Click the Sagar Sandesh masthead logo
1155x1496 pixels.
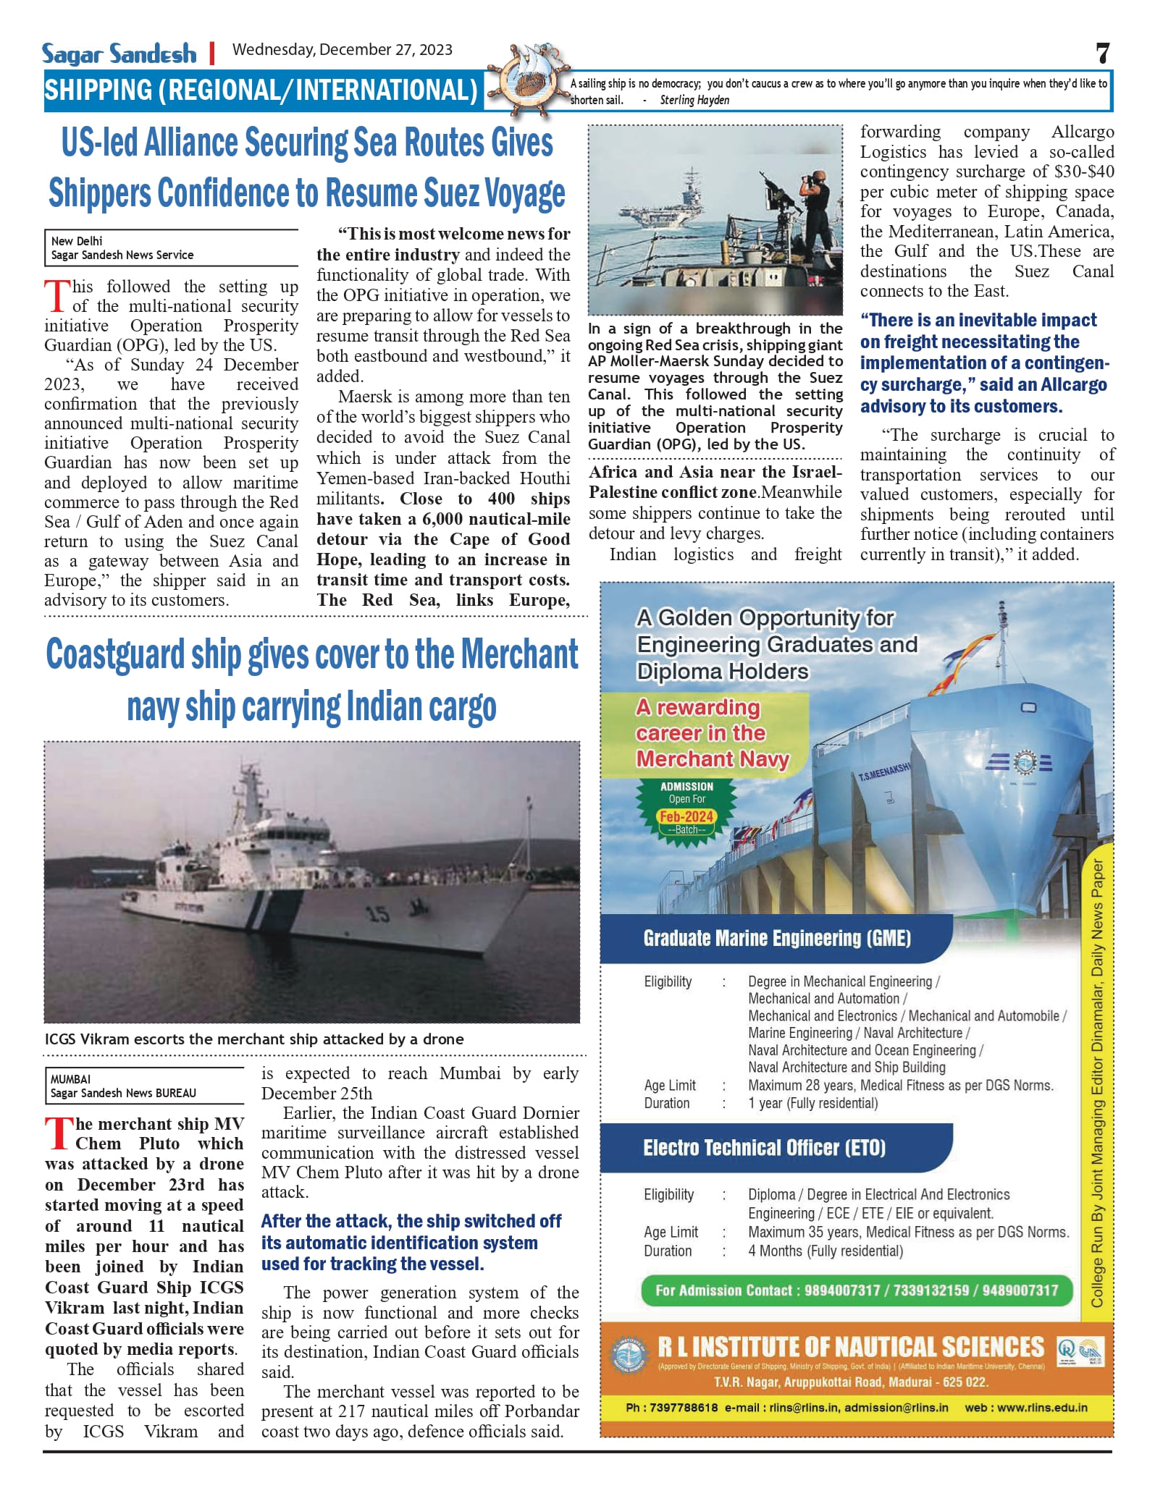(x=119, y=54)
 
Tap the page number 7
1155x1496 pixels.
(x=1102, y=54)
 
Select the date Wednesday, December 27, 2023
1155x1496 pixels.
(x=342, y=50)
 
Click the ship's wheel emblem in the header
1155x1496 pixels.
(x=526, y=82)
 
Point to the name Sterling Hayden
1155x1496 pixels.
(x=694, y=101)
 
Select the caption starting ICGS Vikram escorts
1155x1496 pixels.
(x=254, y=1039)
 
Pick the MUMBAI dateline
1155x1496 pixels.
(x=71, y=1079)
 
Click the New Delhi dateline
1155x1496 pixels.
(x=77, y=241)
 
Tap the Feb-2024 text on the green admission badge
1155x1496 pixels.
(x=686, y=816)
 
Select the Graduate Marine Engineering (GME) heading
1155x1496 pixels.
(x=776, y=939)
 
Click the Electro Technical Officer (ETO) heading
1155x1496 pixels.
(x=764, y=1148)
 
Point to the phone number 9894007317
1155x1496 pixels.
(x=842, y=1290)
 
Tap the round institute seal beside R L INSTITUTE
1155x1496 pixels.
(x=629, y=1353)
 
